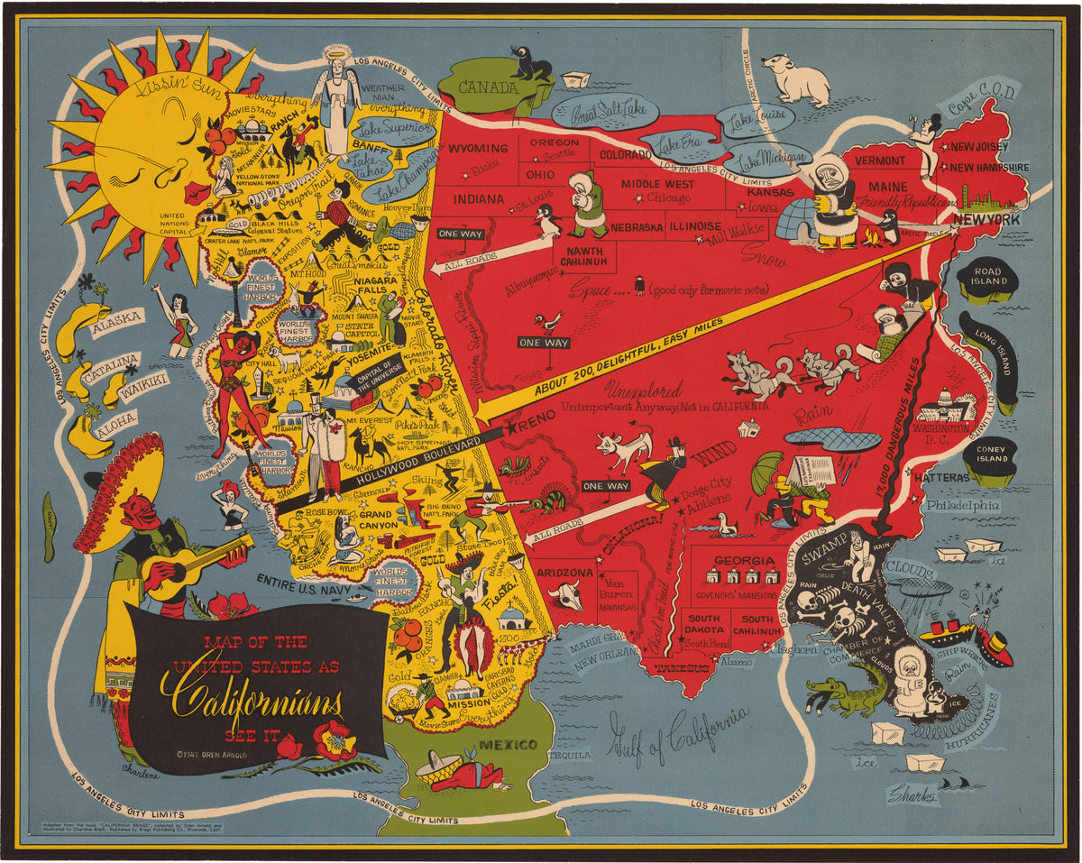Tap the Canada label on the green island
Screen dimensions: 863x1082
click(x=488, y=87)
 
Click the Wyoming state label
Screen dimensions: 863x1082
click(x=479, y=149)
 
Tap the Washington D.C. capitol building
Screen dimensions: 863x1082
click(x=943, y=405)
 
